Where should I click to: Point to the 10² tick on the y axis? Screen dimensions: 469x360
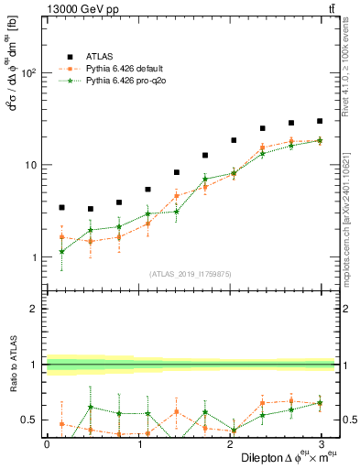pyautogui.click(x=28, y=73)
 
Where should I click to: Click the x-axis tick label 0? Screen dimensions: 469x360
pyautogui.click(x=47, y=442)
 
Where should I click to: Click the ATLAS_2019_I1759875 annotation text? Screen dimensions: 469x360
pyautogui.click(x=190, y=274)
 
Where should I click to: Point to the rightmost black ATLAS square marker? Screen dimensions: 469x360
pyautogui.click(x=320, y=121)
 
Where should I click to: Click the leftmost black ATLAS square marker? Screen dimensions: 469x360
pyautogui.click(x=61, y=208)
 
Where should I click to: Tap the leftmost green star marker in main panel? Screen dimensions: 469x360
pyautogui.click(x=61, y=252)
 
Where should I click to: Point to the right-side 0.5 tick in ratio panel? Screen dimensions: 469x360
pyautogui.click(x=349, y=420)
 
